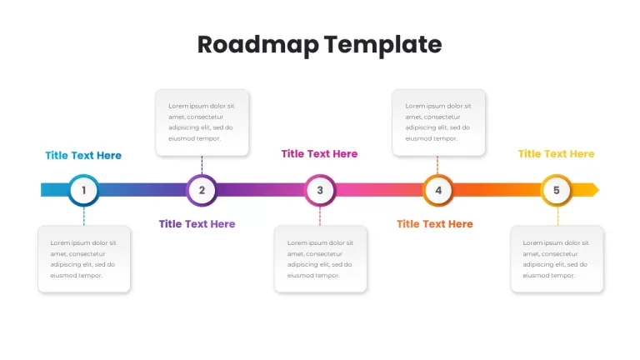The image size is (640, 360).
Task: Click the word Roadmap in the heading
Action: click(258, 45)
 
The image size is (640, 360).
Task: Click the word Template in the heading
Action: click(383, 45)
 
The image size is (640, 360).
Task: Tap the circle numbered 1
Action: click(83, 190)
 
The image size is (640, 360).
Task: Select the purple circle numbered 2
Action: click(202, 190)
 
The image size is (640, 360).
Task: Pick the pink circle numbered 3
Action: click(320, 190)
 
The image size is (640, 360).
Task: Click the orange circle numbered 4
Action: click(438, 190)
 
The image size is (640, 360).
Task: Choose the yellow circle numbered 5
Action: click(557, 190)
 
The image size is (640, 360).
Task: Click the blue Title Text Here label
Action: click(83, 156)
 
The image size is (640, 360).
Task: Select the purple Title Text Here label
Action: click(197, 224)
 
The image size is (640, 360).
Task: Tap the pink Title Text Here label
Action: click(320, 154)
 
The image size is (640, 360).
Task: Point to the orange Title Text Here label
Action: click(435, 224)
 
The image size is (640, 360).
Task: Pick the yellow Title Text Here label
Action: click(557, 154)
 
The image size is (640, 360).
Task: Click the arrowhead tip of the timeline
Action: click(599, 190)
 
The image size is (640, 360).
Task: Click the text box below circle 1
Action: click(84, 259)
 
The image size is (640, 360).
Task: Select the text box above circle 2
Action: click(202, 122)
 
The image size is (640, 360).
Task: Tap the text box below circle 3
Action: click(321, 259)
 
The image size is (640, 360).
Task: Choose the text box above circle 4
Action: click(439, 122)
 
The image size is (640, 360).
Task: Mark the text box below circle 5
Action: click(557, 259)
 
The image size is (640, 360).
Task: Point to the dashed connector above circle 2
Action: click(202, 165)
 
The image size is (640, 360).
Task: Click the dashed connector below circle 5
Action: click(558, 216)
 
